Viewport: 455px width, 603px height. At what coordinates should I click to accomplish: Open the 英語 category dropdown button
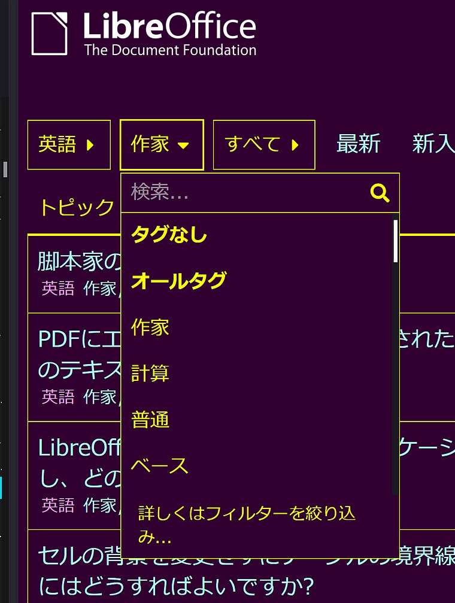pos(68,144)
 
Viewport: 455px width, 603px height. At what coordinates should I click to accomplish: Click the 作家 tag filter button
pos(161,144)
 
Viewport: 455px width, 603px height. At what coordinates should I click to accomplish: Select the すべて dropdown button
pos(263,144)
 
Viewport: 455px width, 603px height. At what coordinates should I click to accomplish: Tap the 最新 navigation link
pos(358,144)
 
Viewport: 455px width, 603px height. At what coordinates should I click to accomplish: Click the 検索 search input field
pos(245,192)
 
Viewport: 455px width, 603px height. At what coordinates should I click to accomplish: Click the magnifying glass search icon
pos(380,193)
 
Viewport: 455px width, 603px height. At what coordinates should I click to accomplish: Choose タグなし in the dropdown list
pos(169,235)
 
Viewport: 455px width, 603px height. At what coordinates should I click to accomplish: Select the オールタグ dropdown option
pos(178,281)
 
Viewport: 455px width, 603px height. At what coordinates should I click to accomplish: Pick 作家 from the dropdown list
pos(150,328)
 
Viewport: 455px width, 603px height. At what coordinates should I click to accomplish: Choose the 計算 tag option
pos(150,373)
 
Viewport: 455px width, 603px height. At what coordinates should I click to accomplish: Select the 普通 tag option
pos(150,420)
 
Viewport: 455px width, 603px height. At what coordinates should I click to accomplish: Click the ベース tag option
pos(159,466)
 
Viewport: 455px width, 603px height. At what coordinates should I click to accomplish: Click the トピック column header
pos(77,208)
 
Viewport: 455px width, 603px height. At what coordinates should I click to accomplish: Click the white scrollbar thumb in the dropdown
pos(395,241)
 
